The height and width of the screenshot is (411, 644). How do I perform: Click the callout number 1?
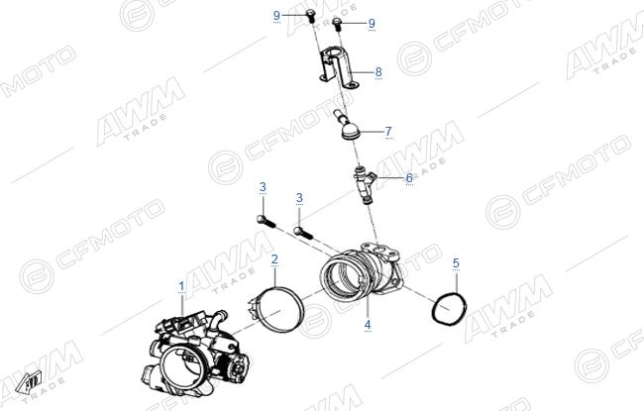181,286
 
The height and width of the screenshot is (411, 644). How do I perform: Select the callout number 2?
274,259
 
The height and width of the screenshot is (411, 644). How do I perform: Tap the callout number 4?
368,325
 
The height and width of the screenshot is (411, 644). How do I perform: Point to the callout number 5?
456,263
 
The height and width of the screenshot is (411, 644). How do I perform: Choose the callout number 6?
409,178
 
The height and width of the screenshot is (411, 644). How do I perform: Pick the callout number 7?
388,132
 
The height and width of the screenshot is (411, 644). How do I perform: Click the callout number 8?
378,72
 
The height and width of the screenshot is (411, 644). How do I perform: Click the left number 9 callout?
276,16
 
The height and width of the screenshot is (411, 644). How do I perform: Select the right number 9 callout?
372,24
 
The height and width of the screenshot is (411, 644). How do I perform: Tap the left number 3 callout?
263,187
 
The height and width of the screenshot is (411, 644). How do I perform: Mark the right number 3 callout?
299,198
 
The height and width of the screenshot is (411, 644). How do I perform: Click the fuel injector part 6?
366,184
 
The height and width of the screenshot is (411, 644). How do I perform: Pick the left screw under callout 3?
267,221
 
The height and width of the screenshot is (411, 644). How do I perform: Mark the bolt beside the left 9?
310,16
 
